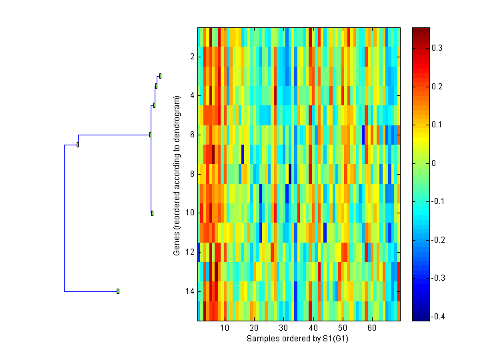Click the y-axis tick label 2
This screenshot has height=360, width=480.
pos(192,57)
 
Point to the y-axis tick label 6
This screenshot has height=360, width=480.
pos(192,135)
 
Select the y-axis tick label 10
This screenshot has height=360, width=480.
pos(190,213)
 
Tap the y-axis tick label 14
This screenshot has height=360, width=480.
pos(190,291)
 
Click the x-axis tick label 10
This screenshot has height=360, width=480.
pos(225,328)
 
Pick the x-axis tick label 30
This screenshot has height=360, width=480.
pos(283,328)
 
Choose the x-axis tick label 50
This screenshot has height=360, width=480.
pos(342,328)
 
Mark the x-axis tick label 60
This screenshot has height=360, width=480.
pos(371,328)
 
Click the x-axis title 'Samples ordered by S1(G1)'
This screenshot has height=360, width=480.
pos(298,339)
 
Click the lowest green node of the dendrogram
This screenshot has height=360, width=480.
pos(118,291)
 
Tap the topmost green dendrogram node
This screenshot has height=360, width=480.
pos(160,76)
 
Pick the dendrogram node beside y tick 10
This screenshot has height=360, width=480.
pos(152,213)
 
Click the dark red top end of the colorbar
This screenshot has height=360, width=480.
pos(421,30)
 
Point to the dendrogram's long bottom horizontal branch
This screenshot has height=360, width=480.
pos(91,291)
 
